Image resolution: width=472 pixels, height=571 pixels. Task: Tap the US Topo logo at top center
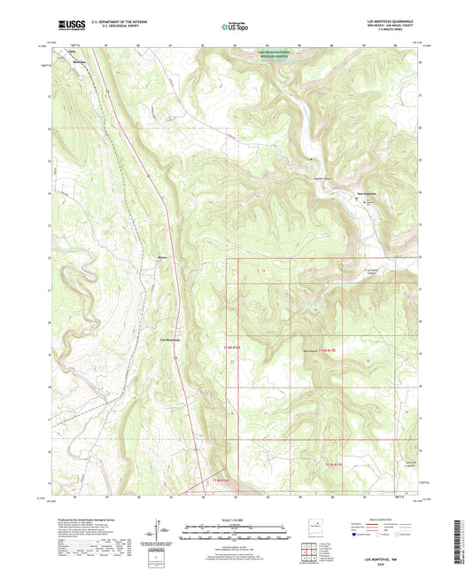(x=236, y=27)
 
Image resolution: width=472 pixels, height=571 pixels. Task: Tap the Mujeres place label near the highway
(x=162, y=258)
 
